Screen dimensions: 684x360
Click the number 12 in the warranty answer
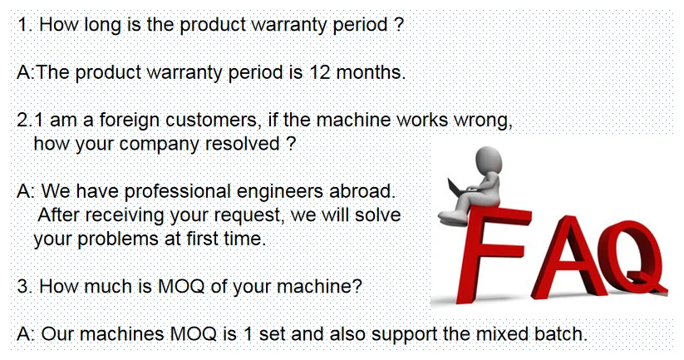pos(320,72)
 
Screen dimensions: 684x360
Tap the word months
pos(371,72)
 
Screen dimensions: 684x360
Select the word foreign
pos(129,120)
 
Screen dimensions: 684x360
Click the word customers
pos(214,120)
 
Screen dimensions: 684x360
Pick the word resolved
pos(243,144)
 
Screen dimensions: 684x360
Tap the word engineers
pos(280,192)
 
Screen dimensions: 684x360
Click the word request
pos(249,215)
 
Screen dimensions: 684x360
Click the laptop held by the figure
pos(456,188)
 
